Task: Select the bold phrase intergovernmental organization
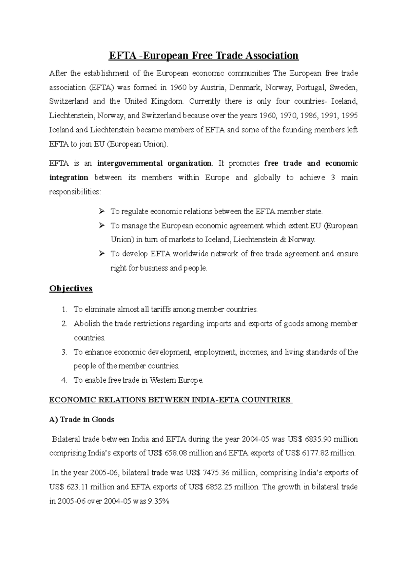coord(154,164)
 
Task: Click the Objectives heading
coord(71,289)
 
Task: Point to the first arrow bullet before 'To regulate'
coord(101,212)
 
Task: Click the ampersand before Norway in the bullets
coord(283,240)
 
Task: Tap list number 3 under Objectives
coord(64,352)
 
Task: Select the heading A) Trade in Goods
coord(82,420)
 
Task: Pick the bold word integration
coord(69,178)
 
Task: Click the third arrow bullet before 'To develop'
coord(101,254)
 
